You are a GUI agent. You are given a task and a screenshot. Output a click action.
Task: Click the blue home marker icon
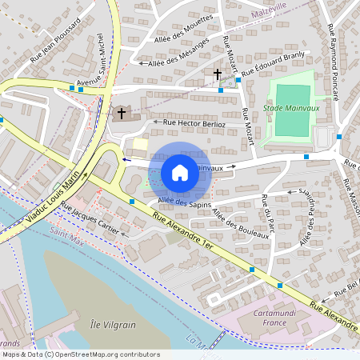180,172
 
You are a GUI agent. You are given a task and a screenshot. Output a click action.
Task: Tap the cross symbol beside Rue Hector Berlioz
122,114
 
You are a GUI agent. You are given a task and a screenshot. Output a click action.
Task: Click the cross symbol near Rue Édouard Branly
217,74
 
